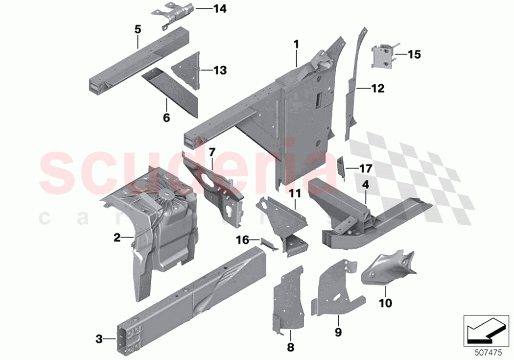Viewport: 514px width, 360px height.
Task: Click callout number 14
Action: [220, 9]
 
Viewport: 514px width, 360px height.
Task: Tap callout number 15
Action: [414, 54]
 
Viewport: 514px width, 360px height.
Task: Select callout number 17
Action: [366, 168]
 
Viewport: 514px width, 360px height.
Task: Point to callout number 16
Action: [243, 240]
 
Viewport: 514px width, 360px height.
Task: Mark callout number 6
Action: [166, 118]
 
